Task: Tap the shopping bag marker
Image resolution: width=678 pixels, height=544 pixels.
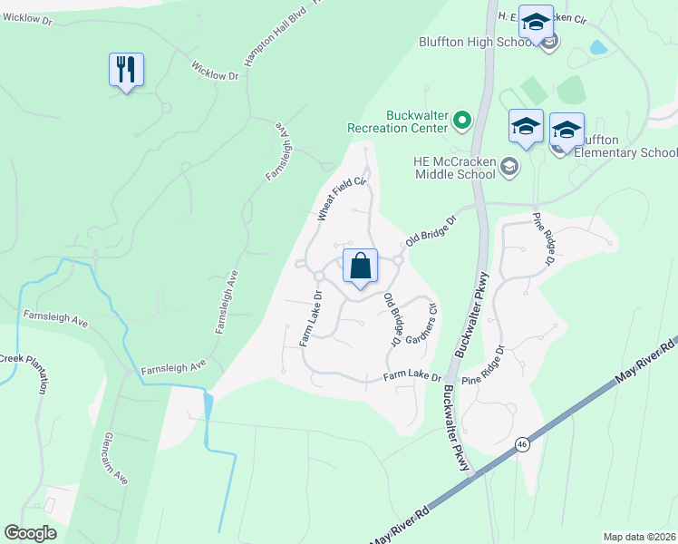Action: point(360,267)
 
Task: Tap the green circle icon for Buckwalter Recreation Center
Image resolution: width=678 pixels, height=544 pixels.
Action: point(462,120)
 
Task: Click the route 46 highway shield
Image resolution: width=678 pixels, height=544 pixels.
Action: point(521,444)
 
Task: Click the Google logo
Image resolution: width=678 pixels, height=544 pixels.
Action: point(31,533)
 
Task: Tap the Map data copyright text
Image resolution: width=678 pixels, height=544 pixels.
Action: point(640,537)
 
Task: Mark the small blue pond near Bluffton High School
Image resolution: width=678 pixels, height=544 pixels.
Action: point(598,46)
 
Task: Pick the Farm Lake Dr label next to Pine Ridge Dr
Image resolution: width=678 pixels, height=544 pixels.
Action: point(412,376)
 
